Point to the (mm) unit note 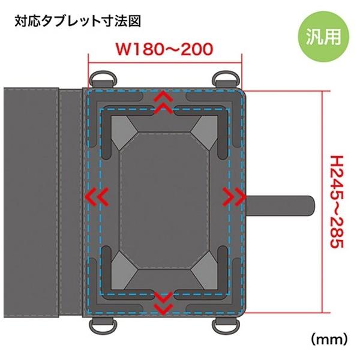coord(329,339)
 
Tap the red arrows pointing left coord(99,196)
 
